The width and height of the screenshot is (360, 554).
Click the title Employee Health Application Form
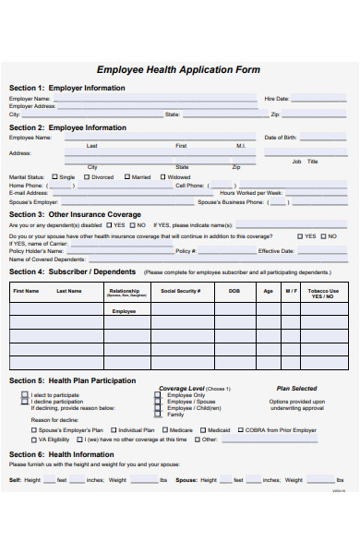[178, 70]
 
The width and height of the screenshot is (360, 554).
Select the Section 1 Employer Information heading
[67, 88]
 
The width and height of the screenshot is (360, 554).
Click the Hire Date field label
[276, 98]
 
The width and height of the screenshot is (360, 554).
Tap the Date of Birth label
[281, 138]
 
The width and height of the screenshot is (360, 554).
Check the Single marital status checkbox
[55, 176]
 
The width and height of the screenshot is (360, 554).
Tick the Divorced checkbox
[88, 176]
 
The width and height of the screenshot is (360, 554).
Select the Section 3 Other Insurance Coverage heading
[75, 214]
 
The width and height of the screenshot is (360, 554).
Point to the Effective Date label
[276, 250]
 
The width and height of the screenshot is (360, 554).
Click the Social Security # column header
[180, 291]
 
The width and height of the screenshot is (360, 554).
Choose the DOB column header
[234, 291]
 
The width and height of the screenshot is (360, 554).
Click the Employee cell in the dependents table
[124, 311]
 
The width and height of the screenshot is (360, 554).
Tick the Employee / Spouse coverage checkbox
[159, 402]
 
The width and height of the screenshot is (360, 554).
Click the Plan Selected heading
[296, 389]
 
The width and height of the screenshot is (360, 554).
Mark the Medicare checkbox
[164, 429]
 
